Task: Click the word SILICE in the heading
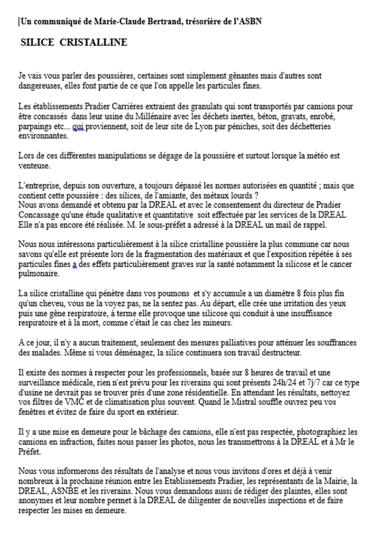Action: coord(37,42)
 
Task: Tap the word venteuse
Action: coord(34,166)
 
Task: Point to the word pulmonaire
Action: coord(38,274)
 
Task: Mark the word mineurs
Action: coord(219,323)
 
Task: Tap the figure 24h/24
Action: coord(285,383)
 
